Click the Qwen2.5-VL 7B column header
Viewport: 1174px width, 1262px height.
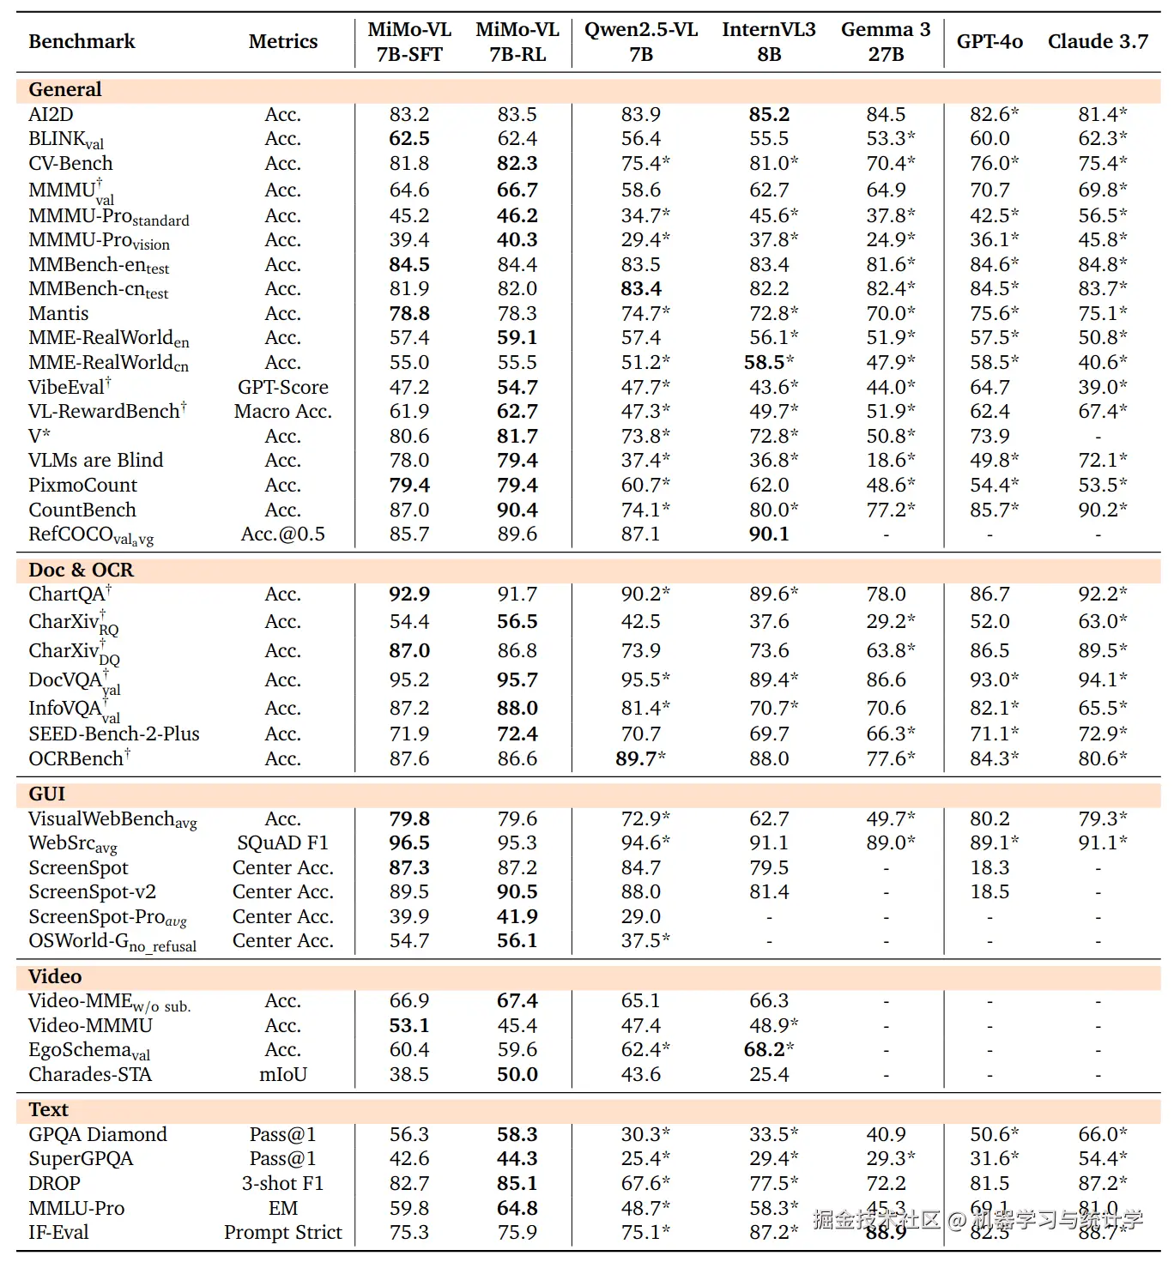pos(641,41)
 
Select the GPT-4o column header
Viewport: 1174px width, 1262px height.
pos(989,41)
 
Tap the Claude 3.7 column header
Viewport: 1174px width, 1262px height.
pos(1098,41)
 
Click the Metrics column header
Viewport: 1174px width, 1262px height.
pos(282,41)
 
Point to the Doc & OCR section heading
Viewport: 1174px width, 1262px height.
pos(81,570)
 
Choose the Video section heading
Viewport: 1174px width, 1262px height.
pos(55,976)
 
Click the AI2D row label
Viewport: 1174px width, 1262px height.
pos(51,114)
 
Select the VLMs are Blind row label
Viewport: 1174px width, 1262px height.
pos(95,460)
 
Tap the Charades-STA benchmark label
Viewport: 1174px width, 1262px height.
pos(90,1074)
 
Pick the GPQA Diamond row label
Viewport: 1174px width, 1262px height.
pos(98,1134)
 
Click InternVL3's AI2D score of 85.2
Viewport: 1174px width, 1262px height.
pos(769,114)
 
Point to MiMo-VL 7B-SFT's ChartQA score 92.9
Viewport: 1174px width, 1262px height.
pos(409,594)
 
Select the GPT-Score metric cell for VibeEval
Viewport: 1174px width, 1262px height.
pos(282,387)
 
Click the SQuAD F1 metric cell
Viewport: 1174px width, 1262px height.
pos(282,842)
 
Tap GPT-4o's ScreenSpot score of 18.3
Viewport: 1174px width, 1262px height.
pos(989,867)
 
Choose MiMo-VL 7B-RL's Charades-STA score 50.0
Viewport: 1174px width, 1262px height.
pos(517,1074)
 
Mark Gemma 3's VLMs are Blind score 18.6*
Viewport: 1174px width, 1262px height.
pos(890,460)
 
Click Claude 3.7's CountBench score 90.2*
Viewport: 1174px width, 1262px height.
pos(1103,510)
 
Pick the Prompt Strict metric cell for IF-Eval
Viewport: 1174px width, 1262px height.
pos(282,1232)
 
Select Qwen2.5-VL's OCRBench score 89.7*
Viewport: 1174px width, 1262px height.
pos(640,758)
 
